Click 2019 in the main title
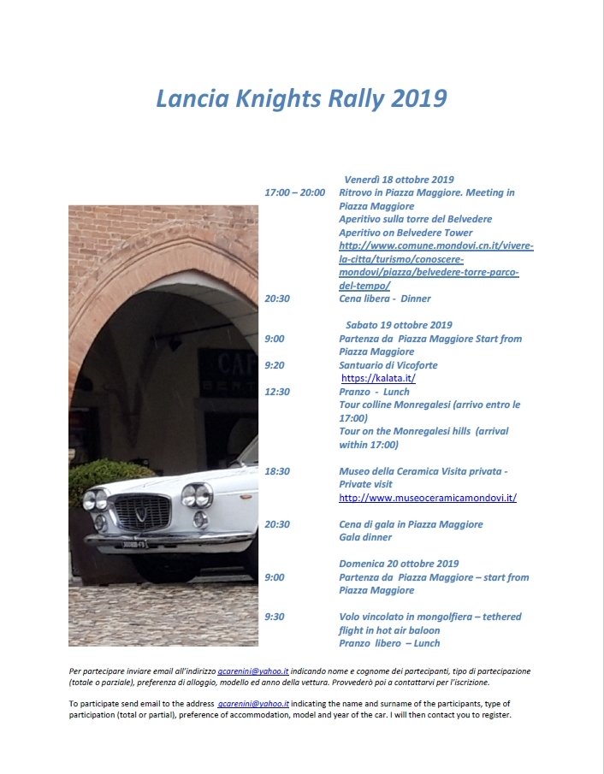point(419,98)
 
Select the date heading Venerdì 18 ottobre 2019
point(399,180)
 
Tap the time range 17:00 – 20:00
point(294,192)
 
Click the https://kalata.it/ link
point(378,378)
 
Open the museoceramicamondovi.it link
point(427,497)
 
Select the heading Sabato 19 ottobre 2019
point(399,325)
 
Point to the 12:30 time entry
point(277,392)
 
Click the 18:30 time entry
point(277,471)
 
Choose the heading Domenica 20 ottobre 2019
point(399,564)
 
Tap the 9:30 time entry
point(275,617)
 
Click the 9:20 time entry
point(275,365)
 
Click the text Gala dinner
point(365,537)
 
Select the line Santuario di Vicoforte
point(388,365)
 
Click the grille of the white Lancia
point(143,511)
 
